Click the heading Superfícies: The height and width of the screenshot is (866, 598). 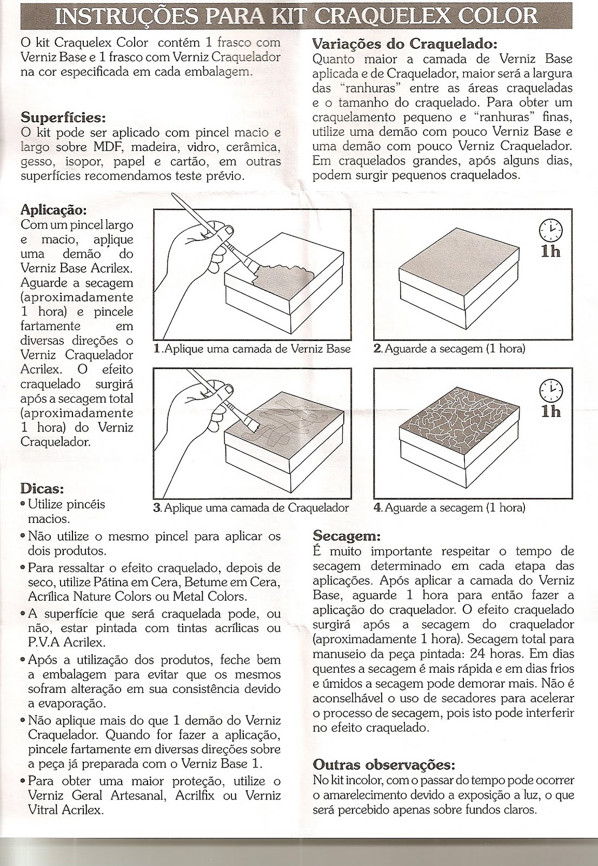63,117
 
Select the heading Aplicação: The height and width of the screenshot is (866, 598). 53,209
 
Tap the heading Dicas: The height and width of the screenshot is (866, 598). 42,488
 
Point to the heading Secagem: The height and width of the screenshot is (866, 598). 347,536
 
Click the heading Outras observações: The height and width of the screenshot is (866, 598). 384,765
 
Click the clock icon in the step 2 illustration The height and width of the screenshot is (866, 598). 550,231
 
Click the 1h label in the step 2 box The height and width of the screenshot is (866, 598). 550,252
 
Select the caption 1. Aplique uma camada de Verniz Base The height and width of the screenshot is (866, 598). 253,349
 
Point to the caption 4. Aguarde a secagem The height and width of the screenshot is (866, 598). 449,508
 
